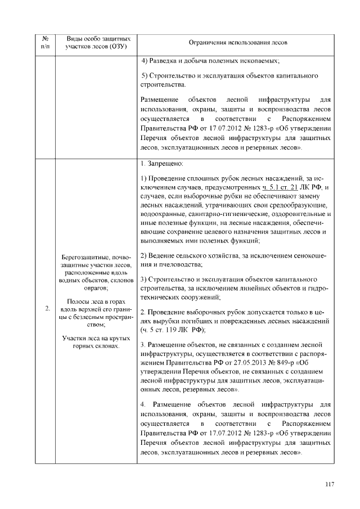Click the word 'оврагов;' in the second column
(96, 286)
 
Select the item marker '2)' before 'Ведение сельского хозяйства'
(144, 255)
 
